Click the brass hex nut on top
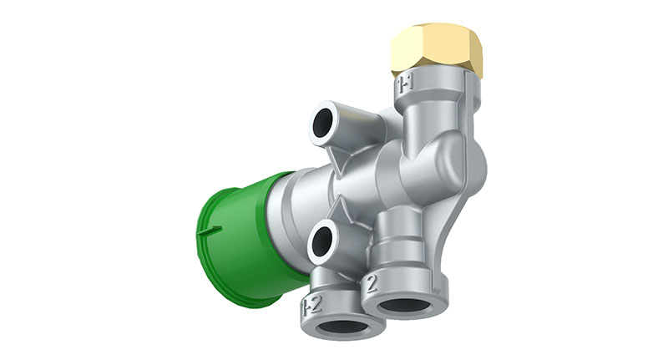pyautogui.click(x=438, y=50)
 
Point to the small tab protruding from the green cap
pyautogui.click(x=210, y=228)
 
